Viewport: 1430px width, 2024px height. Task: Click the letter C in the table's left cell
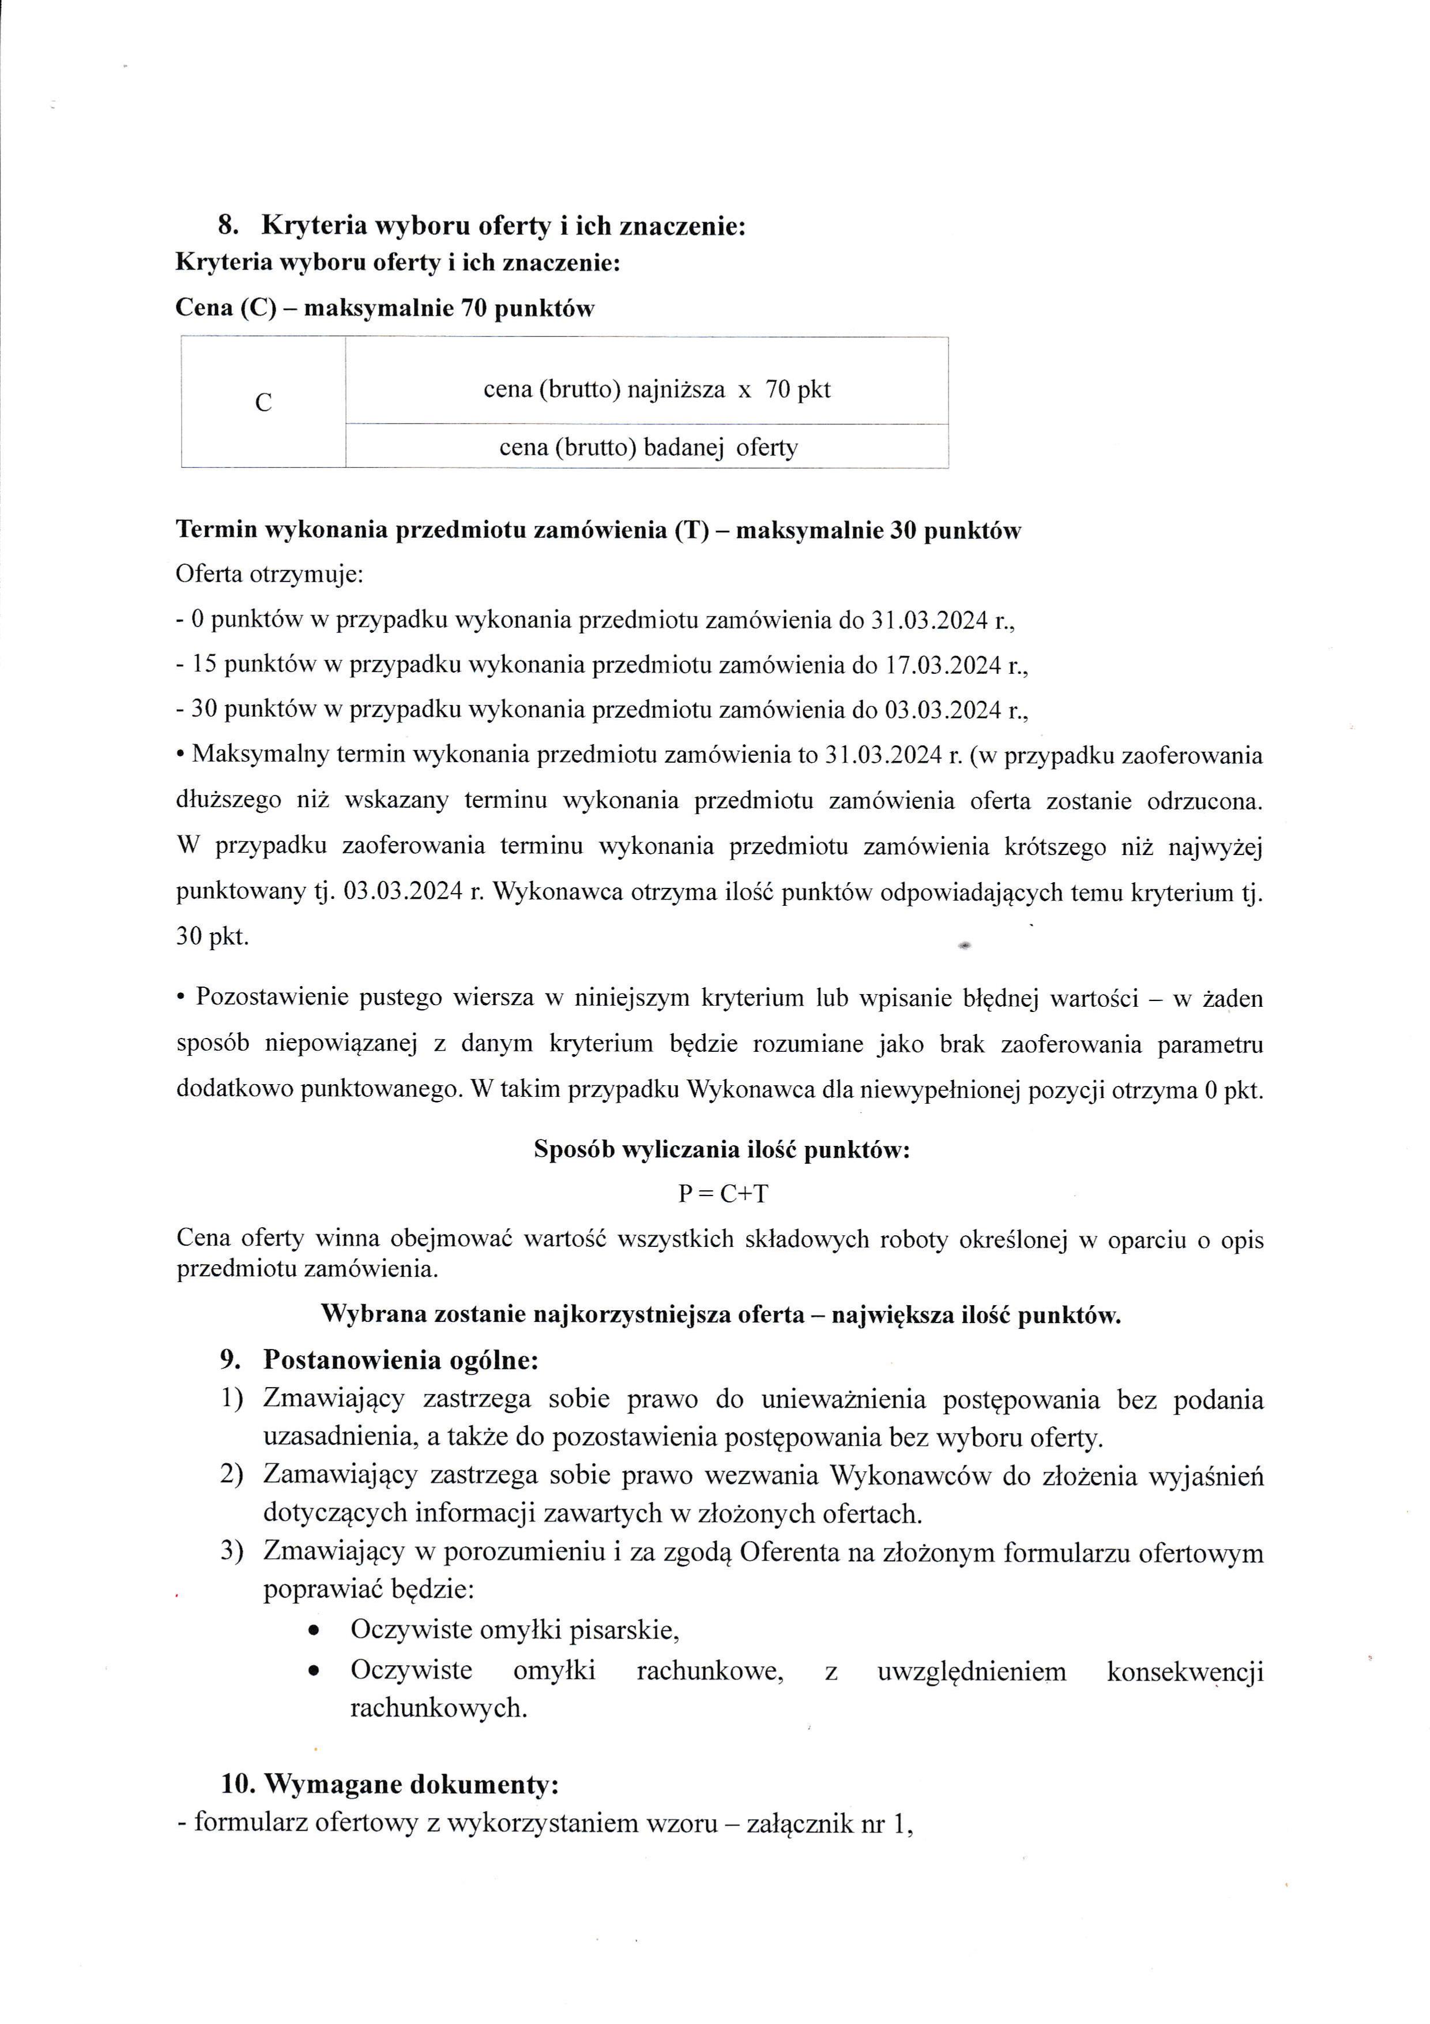tap(262, 403)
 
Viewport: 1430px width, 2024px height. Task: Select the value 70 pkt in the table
tap(798, 389)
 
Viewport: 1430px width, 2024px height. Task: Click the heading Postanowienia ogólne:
tap(401, 1360)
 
